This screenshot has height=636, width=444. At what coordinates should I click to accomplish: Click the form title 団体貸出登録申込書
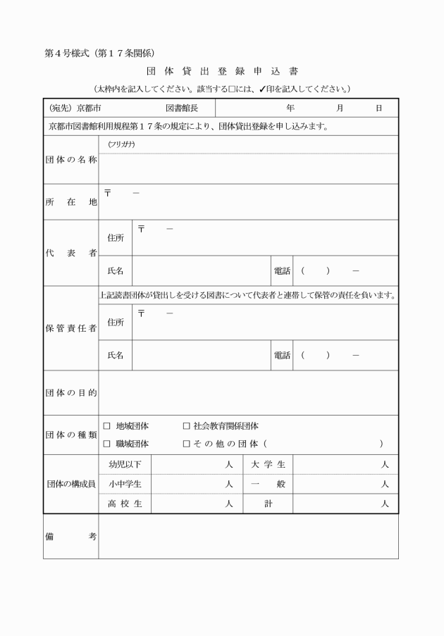point(222,72)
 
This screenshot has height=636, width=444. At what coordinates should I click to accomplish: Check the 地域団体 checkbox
point(107,426)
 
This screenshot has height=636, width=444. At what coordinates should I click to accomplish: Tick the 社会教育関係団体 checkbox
point(187,426)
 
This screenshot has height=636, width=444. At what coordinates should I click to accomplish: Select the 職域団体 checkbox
point(107,444)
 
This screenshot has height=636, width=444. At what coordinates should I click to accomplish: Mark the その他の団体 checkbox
point(187,444)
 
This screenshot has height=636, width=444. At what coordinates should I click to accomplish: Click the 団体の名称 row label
point(70,159)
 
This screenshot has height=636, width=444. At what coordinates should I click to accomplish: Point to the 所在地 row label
point(70,202)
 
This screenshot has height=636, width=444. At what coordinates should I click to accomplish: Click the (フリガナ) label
point(121,144)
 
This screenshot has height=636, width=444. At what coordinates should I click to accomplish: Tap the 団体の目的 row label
point(70,392)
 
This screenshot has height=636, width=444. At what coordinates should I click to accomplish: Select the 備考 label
point(70,537)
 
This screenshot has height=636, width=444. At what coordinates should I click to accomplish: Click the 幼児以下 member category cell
point(125,465)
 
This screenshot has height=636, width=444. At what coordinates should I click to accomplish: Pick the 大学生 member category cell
point(268,465)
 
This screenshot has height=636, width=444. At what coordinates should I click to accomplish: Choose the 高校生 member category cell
point(125,504)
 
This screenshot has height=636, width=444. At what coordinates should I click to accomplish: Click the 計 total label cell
point(268,504)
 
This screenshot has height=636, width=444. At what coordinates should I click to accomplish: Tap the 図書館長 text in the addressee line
point(182,108)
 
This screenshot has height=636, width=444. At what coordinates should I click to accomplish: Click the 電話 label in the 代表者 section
point(282,270)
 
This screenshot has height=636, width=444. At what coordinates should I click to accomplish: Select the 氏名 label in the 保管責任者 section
point(116,356)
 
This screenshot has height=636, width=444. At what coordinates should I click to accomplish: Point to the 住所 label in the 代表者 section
point(116,238)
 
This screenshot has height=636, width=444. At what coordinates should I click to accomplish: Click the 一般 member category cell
point(268,485)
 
